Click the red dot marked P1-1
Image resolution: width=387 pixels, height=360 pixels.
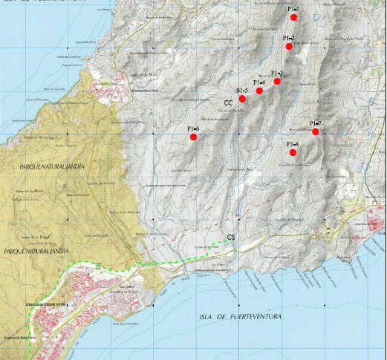tap(294, 17)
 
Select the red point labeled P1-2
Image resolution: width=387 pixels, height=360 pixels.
tap(289, 47)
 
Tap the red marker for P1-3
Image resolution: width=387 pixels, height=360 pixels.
tap(277, 81)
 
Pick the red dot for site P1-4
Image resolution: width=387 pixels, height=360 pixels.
tap(259, 91)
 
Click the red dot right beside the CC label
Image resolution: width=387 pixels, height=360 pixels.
tap(242, 99)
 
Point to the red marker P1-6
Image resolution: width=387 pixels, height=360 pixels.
tap(193, 137)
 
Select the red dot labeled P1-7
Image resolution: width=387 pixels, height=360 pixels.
tap(316, 132)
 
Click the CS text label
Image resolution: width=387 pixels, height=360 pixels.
tap(231, 238)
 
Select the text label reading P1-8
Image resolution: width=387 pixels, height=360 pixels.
tap(292, 144)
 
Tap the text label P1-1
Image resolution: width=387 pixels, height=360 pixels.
tap(293, 8)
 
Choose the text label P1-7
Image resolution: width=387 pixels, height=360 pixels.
tap(315, 123)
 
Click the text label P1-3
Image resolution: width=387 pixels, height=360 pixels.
tap(277, 73)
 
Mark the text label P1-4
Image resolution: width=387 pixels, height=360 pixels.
tap(259, 82)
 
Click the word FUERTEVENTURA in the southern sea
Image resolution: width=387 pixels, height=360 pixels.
tap(256, 318)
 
